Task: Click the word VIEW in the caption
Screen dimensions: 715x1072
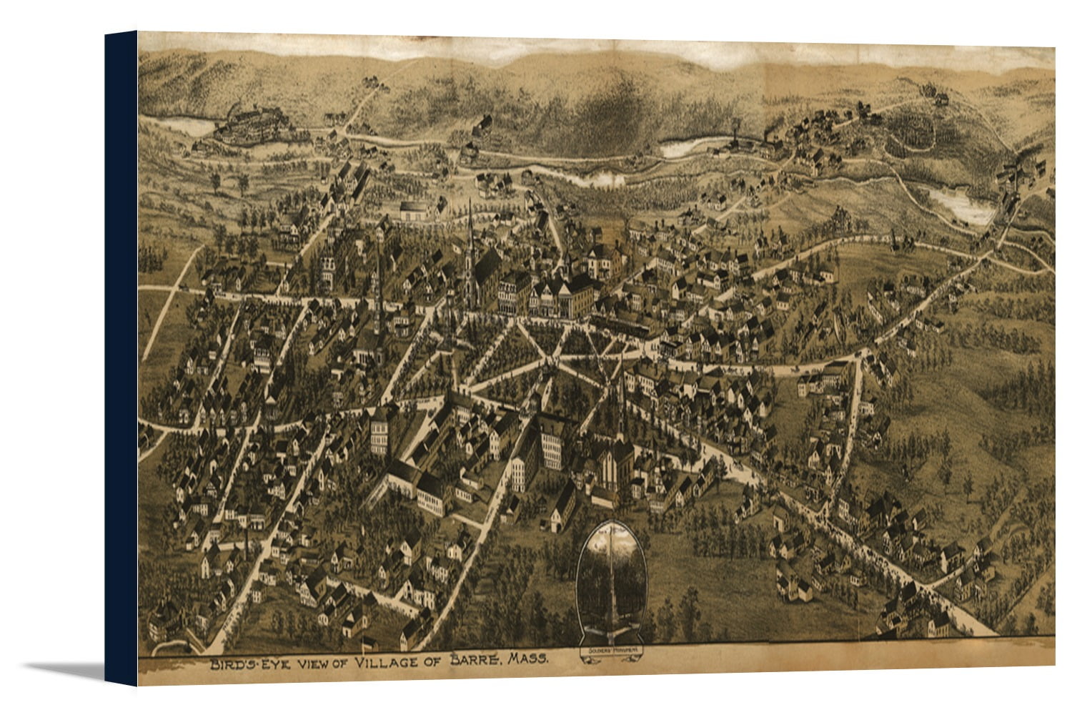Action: click(x=312, y=664)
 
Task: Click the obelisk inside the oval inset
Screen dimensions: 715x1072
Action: click(x=611, y=572)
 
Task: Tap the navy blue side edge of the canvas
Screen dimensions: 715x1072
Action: click(x=121, y=357)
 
